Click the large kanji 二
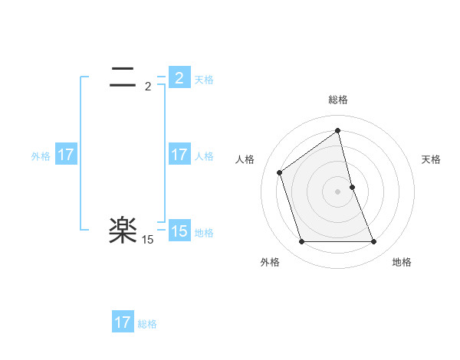123,75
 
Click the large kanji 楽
123,229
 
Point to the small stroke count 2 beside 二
148,87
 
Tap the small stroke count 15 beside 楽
148,240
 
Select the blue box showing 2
179,78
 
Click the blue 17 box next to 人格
179,155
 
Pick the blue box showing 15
179,231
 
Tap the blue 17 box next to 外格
66,155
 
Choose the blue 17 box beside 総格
123,322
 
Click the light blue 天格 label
204,80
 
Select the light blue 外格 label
41,156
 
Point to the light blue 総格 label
147,324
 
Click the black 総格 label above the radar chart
338,100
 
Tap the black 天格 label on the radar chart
432,159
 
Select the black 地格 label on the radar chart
402,262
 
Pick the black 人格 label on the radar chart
245,159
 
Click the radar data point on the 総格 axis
338,131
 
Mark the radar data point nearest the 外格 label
301,242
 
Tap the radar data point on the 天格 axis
352,187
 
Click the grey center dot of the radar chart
338,191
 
